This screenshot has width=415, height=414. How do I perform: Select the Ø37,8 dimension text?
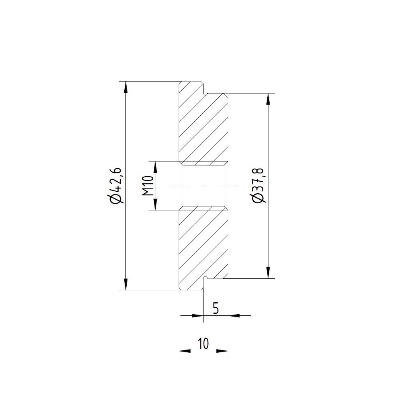258,186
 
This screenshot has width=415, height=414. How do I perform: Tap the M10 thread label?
149,186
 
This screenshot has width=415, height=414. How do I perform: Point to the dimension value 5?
216,308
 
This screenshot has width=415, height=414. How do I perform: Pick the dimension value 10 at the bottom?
203,344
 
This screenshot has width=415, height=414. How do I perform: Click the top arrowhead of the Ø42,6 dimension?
126,87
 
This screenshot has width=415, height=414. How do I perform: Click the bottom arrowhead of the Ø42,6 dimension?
126,284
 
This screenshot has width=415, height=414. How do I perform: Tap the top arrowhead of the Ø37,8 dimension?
268,99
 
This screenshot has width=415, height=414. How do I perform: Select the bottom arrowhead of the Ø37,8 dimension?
268,272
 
